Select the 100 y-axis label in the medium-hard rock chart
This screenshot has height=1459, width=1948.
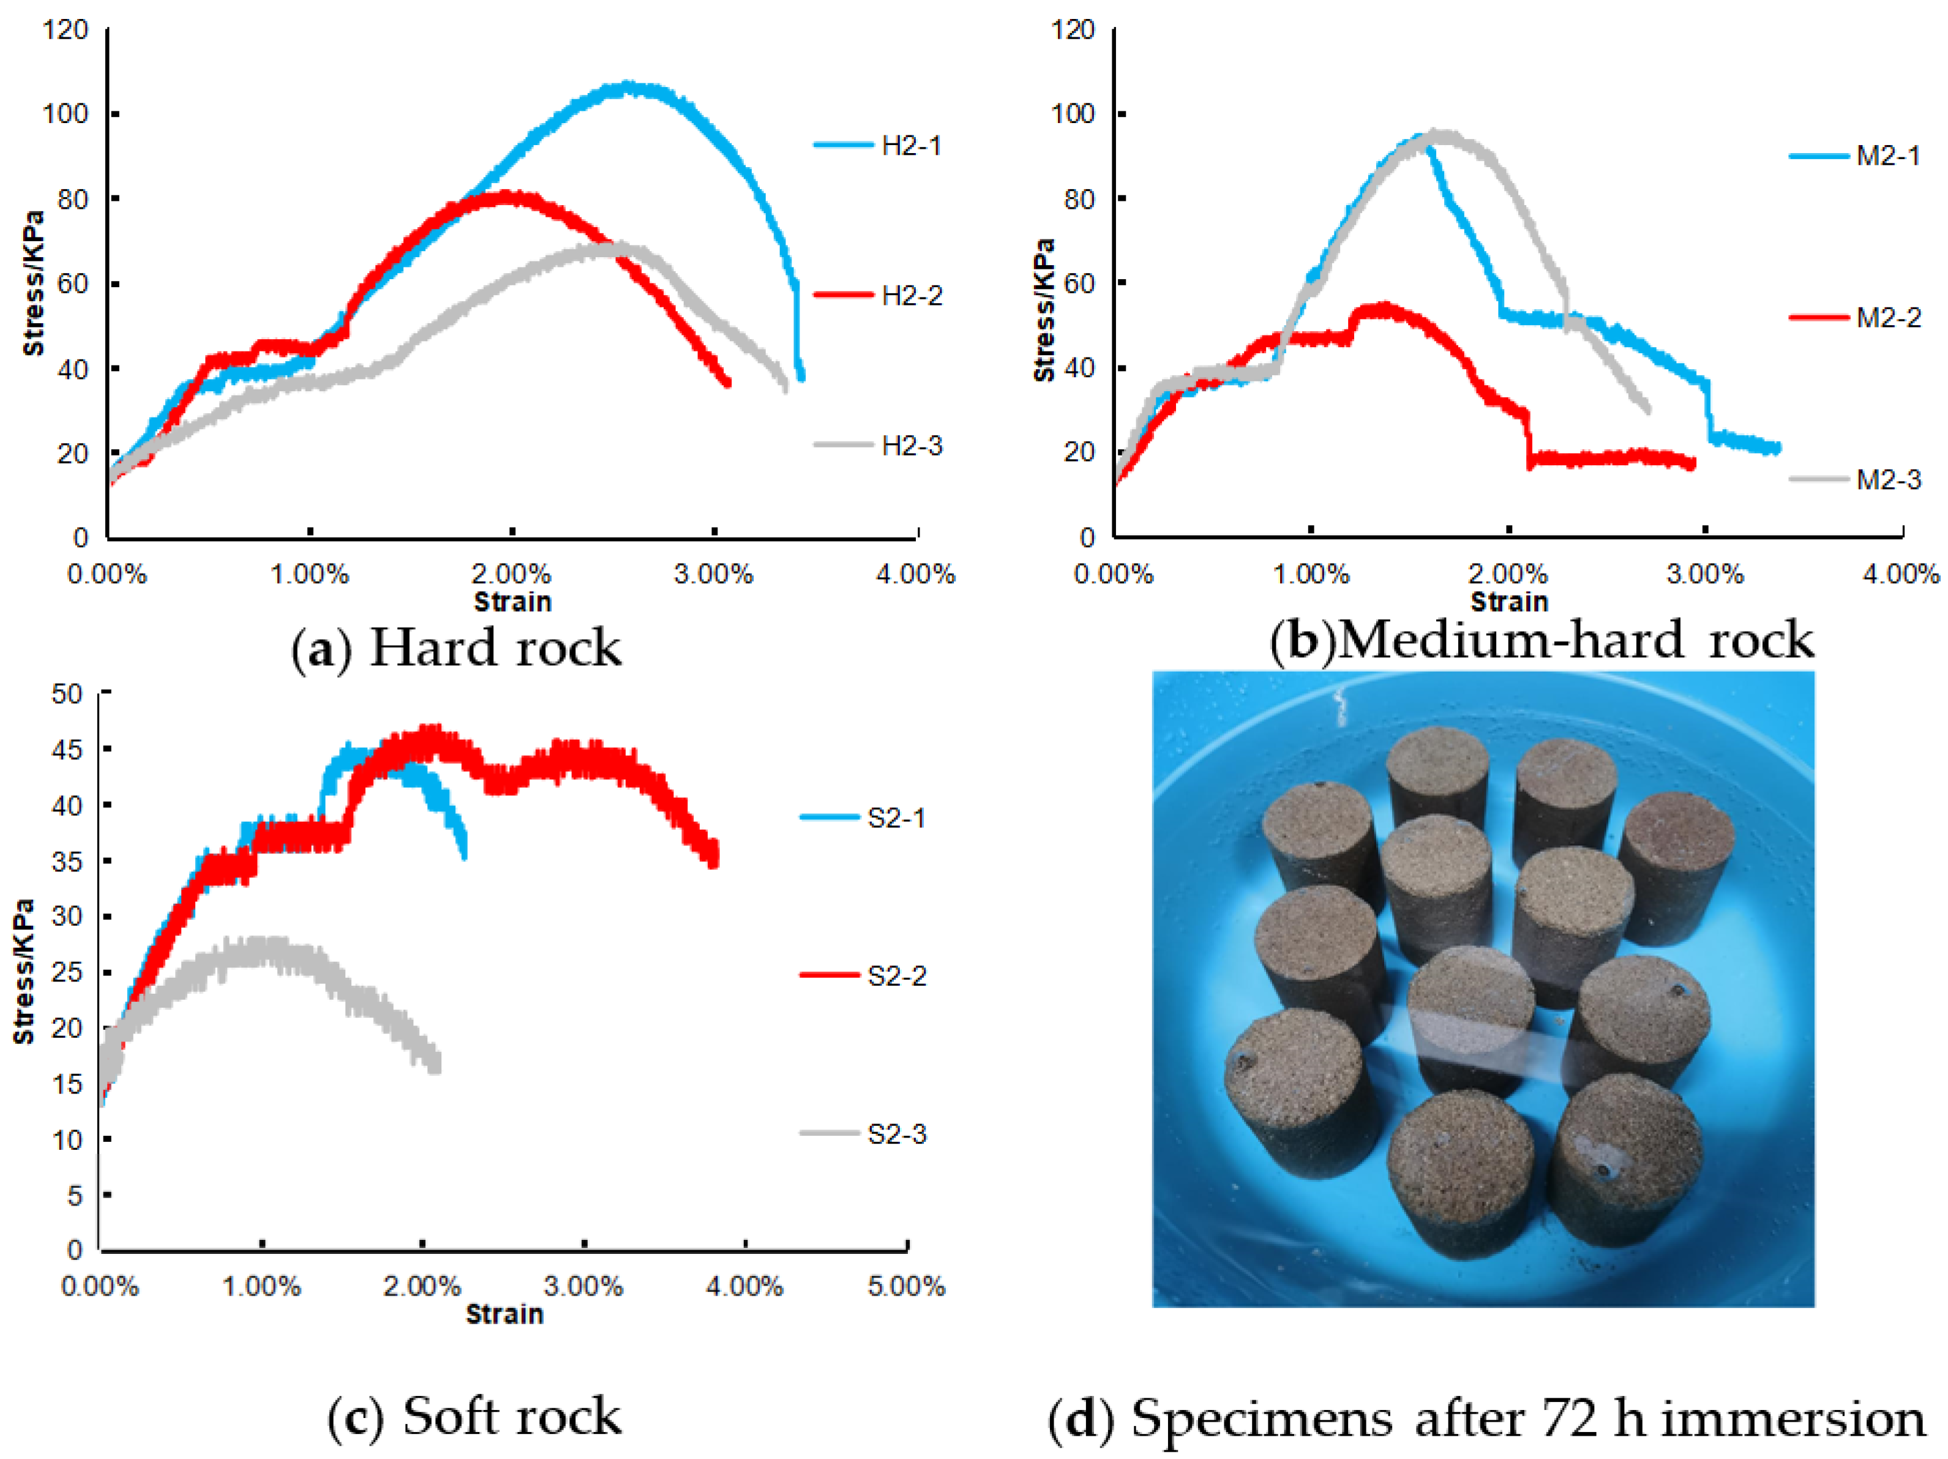1073,114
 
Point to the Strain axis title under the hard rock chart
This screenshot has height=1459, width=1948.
512,602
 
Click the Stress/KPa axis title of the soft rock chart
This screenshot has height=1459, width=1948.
24,971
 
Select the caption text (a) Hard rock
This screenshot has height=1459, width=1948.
456,649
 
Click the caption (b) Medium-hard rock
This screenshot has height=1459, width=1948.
1541,640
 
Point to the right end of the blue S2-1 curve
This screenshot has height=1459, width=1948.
463,854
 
